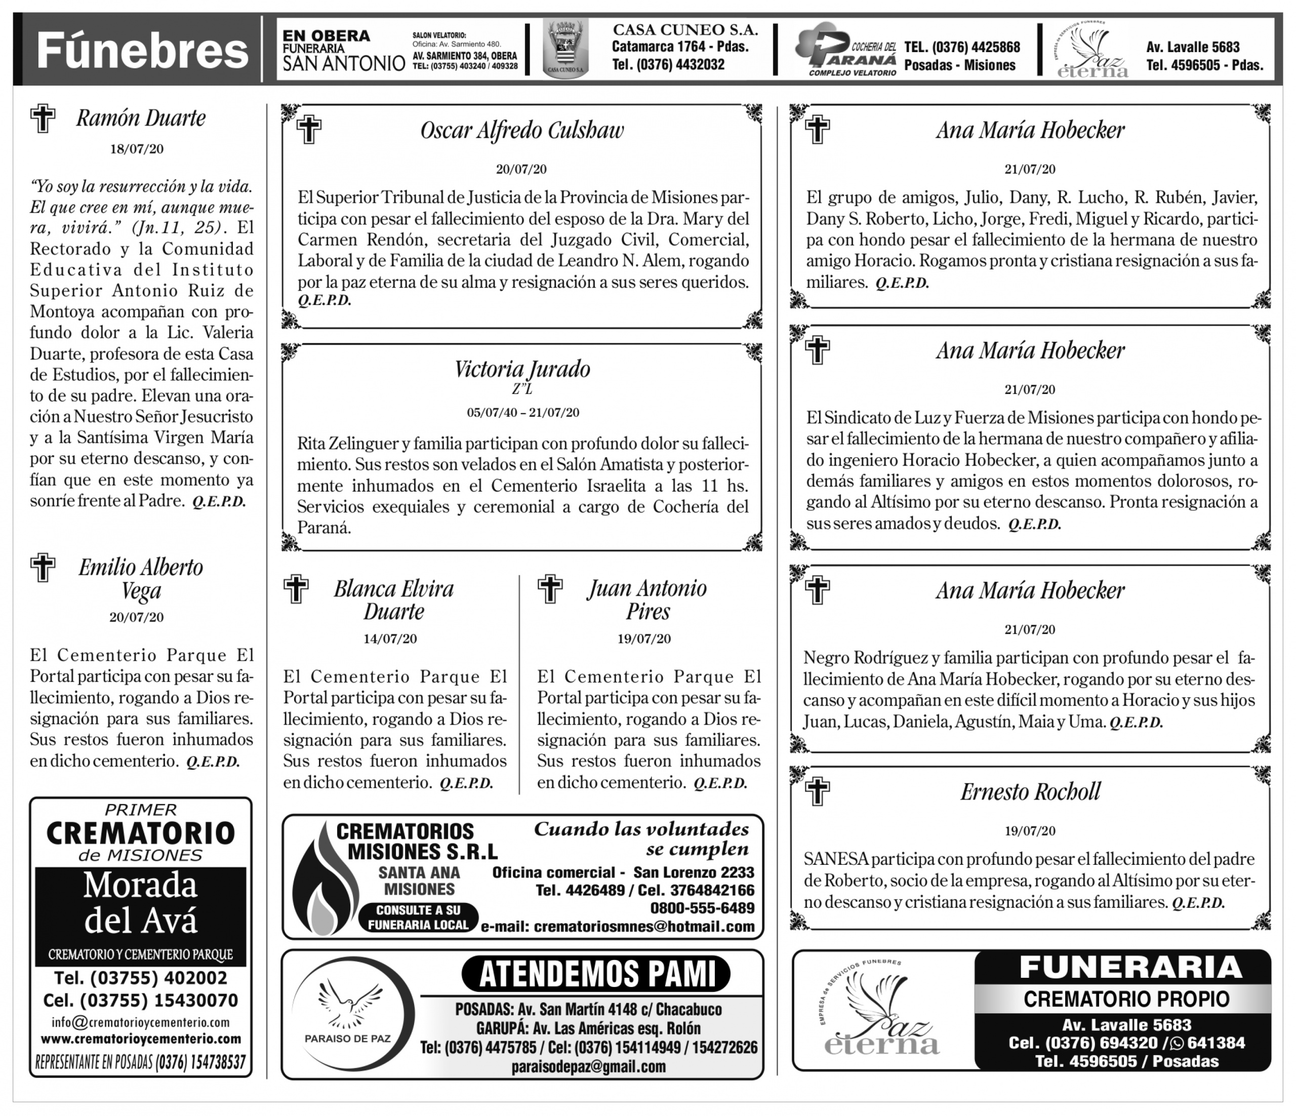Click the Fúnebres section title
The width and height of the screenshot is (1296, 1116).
click(x=142, y=51)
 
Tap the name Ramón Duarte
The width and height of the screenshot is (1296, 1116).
click(x=141, y=118)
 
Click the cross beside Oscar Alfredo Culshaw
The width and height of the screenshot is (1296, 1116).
click(x=308, y=130)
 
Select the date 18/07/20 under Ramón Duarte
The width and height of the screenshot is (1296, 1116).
click(x=137, y=149)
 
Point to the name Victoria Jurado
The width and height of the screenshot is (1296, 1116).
click(x=522, y=369)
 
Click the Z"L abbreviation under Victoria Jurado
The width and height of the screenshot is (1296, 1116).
click(x=522, y=389)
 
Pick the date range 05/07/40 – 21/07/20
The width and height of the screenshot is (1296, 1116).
click(x=523, y=412)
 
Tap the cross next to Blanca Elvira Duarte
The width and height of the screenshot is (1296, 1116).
click(x=296, y=589)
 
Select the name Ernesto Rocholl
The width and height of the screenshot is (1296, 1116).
click(x=1030, y=792)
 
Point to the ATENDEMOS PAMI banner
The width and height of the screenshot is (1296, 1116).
click(x=595, y=973)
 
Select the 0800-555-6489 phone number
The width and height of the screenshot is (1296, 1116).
click(x=702, y=908)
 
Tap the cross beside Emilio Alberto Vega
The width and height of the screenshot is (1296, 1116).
click(x=43, y=568)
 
